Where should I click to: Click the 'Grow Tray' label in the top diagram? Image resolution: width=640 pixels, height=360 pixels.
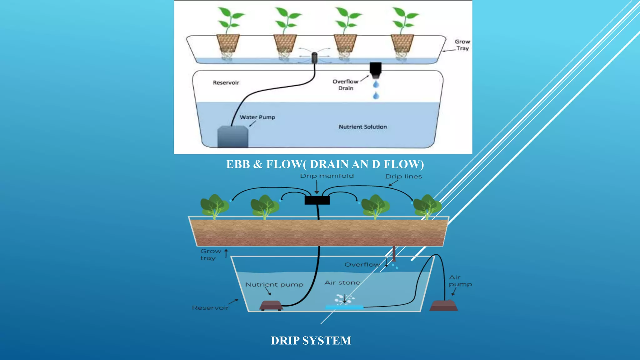coord(462,45)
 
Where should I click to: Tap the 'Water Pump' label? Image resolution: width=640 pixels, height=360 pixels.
coord(257,117)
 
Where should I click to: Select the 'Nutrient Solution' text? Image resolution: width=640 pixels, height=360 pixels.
coord(363,127)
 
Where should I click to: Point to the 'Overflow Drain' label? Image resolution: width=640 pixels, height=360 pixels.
coord(345,85)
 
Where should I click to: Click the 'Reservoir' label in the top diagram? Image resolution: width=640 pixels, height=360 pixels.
coord(226,82)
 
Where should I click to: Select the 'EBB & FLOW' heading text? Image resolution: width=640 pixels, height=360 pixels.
coord(325,164)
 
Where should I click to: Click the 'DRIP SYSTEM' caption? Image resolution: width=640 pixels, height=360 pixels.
coord(311,340)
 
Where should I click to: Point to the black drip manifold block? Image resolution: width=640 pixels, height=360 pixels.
coord(317,200)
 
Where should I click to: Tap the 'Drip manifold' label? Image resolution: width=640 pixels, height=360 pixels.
coord(327,176)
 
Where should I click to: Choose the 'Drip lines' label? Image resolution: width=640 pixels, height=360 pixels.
coord(403,177)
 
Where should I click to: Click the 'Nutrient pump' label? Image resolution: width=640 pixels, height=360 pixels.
coord(274,284)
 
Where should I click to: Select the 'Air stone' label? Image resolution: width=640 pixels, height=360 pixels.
coord(342,282)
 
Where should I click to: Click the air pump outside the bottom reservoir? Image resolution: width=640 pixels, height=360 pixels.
coord(443,305)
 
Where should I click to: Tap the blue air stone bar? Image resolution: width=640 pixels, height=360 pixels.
coord(344,307)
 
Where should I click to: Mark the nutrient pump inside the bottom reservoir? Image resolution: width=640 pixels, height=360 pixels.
coord(271,305)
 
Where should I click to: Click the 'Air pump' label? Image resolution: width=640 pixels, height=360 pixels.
coord(460,281)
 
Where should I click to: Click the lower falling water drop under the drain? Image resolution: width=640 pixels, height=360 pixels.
coord(376,96)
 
